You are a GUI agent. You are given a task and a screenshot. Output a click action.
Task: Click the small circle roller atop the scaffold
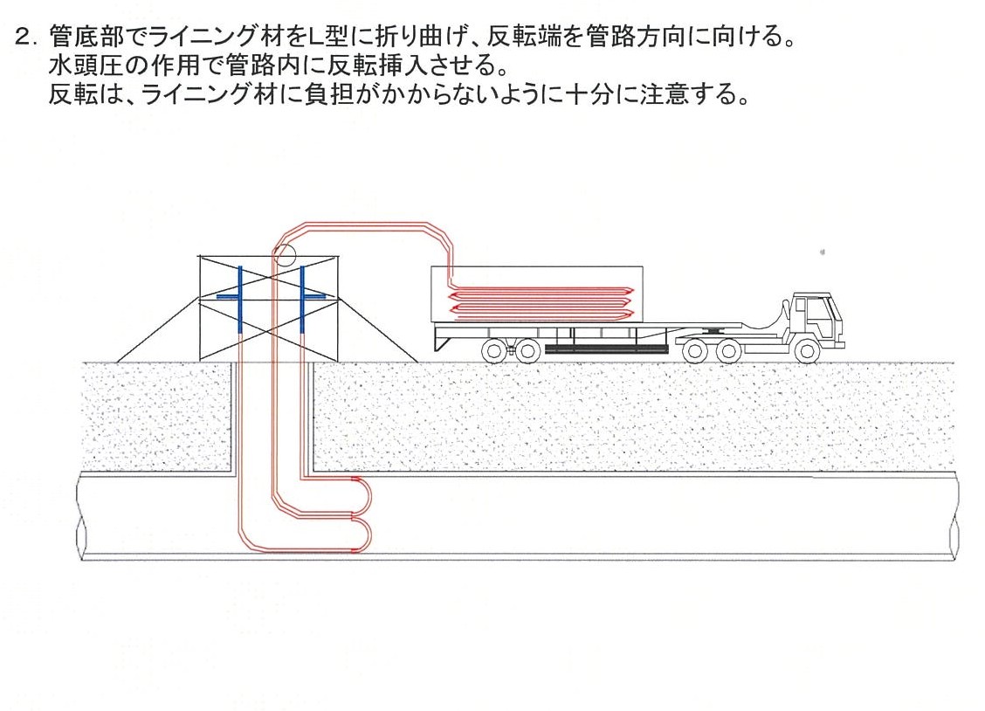coord(284,255)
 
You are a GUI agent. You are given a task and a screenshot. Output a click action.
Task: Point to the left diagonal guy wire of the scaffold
coord(157,329)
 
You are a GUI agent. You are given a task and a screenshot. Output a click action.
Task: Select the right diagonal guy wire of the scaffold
coord(375,329)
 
